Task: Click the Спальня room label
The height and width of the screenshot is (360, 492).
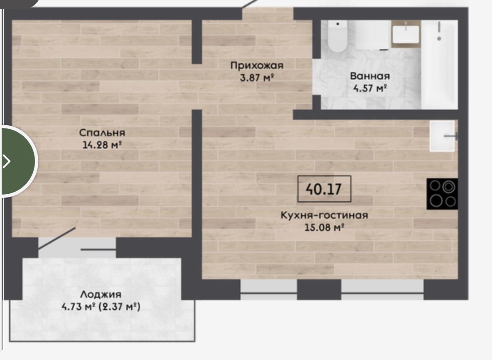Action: pyautogui.click(x=102, y=133)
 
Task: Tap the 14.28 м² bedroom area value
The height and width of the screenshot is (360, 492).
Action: pyautogui.click(x=102, y=145)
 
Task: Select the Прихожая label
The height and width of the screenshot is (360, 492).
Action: pyautogui.click(x=257, y=65)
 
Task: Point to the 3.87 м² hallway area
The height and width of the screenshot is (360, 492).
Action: pyautogui.click(x=257, y=77)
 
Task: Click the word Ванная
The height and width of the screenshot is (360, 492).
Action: pyautogui.click(x=370, y=76)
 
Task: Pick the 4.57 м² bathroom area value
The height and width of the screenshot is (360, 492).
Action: pyautogui.click(x=370, y=88)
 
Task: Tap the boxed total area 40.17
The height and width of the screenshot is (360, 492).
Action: pyautogui.click(x=324, y=189)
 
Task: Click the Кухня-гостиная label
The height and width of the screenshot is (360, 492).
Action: pyautogui.click(x=324, y=215)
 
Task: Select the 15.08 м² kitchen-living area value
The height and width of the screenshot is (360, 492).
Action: pyautogui.click(x=324, y=227)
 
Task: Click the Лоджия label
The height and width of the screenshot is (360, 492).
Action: pyautogui.click(x=101, y=294)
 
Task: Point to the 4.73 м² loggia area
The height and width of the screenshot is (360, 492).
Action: pyautogui.click(x=79, y=306)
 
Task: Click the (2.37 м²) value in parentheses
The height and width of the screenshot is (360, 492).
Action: pyautogui.click(x=120, y=306)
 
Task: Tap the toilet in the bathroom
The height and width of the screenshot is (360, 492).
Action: pyautogui.click(x=337, y=36)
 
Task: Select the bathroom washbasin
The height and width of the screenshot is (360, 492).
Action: pyautogui.click(x=406, y=35)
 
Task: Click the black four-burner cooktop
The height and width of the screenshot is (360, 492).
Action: pyautogui.click(x=442, y=194)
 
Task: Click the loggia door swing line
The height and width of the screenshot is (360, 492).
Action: pyautogui.click(x=57, y=239)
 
